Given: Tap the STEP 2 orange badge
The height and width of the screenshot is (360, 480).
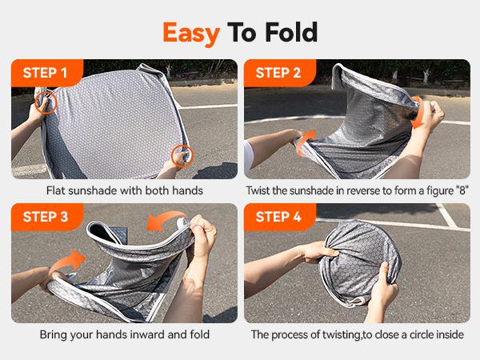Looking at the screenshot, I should pyautogui.click(x=278, y=74).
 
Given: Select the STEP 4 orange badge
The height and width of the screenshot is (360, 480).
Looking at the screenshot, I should pyautogui.click(x=278, y=217).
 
